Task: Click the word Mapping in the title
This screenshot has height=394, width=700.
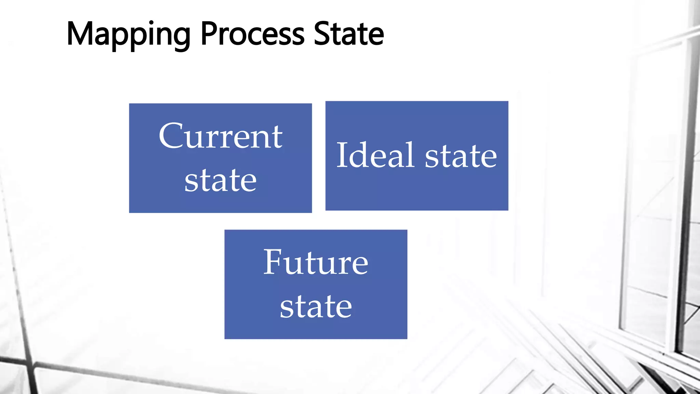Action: [128, 34]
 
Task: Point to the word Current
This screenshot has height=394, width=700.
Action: [220, 136]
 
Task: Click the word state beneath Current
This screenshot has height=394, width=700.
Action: [220, 180]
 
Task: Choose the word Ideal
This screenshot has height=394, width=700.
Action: [375, 155]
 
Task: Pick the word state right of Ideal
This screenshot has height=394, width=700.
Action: [461, 156]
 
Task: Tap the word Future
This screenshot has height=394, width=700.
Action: [316, 262]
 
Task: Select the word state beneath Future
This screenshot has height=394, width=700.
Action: [316, 306]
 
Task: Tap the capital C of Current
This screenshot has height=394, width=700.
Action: [171, 136]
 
